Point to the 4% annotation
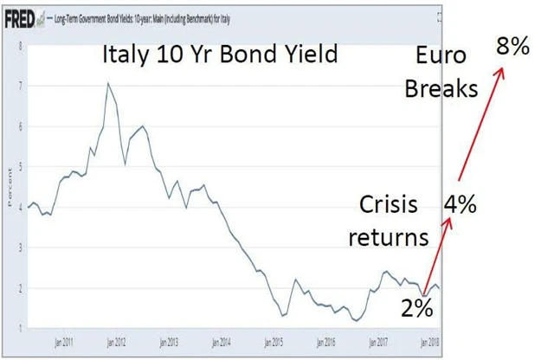click(461, 206)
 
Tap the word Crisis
click(390, 206)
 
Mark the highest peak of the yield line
click(107, 83)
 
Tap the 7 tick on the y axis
click(20, 85)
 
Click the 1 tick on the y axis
click(20, 328)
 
